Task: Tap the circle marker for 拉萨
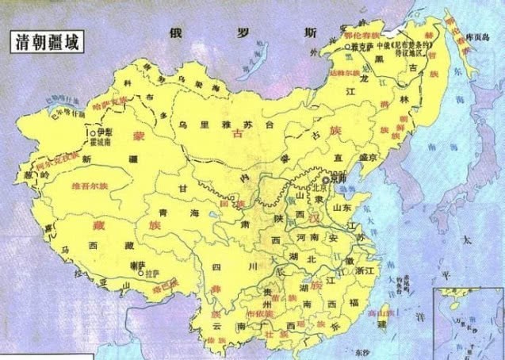(142, 274)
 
